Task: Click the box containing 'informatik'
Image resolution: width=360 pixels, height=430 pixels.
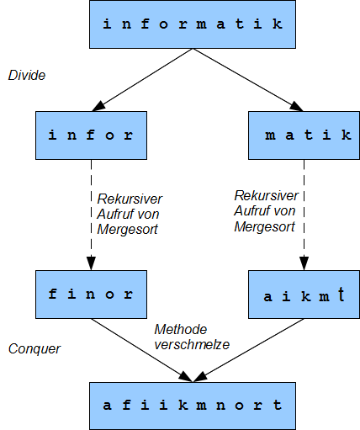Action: [x=193, y=24]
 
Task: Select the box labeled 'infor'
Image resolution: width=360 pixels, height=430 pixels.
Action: [x=91, y=135]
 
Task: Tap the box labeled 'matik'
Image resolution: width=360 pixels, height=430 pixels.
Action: [x=304, y=135]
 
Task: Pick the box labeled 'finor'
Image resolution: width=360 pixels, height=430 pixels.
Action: [x=91, y=295]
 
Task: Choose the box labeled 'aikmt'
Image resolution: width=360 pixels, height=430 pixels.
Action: [x=304, y=295]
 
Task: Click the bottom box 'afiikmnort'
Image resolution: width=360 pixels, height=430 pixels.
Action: [x=193, y=406]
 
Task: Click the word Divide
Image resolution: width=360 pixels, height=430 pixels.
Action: [x=27, y=75]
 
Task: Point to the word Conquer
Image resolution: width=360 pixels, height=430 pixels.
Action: [x=34, y=349]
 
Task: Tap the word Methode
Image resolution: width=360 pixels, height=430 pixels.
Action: [x=181, y=329]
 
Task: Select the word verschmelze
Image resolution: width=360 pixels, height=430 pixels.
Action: [x=192, y=345]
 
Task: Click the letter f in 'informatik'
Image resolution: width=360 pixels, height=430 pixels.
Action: [x=145, y=24]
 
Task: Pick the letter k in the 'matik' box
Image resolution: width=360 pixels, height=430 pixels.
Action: [x=347, y=135]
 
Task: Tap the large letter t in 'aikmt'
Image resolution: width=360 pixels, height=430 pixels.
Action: [x=341, y=294]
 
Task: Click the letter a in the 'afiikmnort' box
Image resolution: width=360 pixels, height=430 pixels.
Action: [x=107, y=406]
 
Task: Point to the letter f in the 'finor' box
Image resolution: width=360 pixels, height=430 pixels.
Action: [x=53, y=294]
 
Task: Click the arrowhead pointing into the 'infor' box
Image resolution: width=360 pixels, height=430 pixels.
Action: [x=98, y=107]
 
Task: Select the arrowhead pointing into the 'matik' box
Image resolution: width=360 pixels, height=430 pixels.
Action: [x=297, y=107]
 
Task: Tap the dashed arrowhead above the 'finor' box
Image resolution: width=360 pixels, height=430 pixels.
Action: [x=91, y=263]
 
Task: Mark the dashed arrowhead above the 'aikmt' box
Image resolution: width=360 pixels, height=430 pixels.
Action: [x=304, y=263]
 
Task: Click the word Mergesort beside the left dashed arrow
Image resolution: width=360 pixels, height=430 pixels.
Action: [x=127, y=230]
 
